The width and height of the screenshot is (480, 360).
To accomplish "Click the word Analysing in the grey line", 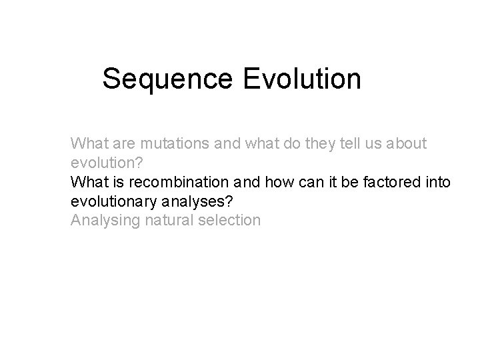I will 102,220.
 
